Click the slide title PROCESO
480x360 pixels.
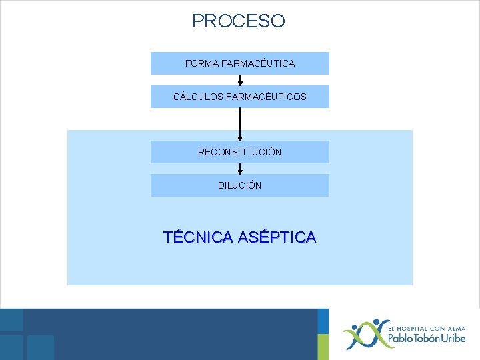pos(239,21)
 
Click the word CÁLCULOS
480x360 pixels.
pos(198,97)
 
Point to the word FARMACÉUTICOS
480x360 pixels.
pos(266,97)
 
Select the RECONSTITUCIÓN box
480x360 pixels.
pos(240,152)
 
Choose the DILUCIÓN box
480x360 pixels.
pos(240,185)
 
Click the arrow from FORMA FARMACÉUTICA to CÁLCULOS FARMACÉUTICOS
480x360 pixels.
pos(240,80)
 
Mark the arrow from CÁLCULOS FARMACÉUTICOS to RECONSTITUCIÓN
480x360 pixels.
pos(240,124)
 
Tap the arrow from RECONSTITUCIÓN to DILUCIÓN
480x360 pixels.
pos(240,169)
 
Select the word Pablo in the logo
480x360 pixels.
pos(403,339)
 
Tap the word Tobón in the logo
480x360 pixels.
pos(432,339)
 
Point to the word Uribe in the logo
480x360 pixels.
pos(457,339)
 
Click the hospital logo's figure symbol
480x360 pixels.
pos(363,333)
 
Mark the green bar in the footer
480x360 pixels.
pos(323,347)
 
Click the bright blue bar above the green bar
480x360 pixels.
pos(323,321)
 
